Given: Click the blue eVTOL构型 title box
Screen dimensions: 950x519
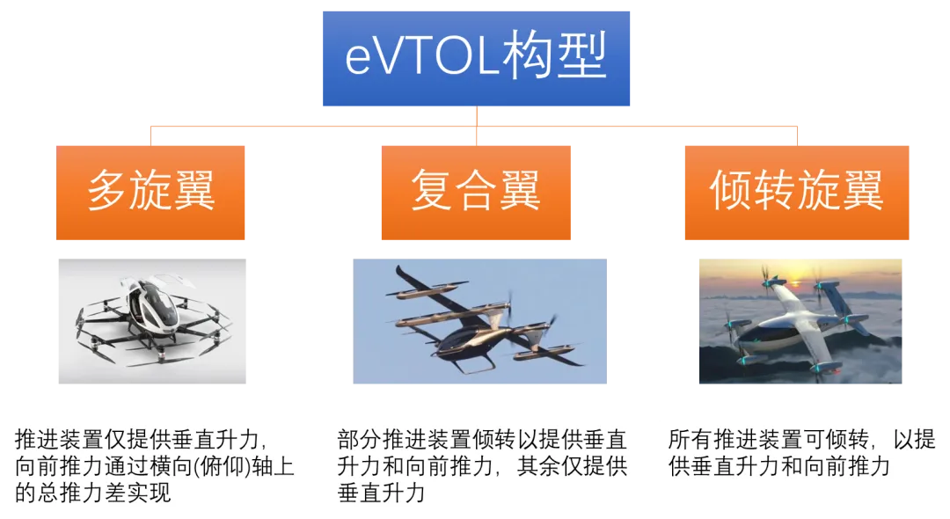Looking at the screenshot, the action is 476,58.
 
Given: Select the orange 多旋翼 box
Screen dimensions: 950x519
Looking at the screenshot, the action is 150,193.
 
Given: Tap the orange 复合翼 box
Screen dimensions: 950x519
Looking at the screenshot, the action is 476,193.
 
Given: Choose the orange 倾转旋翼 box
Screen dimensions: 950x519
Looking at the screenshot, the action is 797,193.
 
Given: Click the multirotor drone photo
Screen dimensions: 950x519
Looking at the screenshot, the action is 152,321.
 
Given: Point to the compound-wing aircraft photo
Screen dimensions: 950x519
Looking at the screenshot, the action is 480,321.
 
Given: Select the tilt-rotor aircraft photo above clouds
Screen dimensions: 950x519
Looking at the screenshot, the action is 800,321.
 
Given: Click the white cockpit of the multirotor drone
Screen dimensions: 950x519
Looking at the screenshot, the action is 150,303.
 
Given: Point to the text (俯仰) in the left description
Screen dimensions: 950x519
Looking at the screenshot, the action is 222,466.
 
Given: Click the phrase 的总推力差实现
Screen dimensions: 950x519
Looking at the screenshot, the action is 92,493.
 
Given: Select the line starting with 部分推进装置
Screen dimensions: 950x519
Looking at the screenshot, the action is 482,439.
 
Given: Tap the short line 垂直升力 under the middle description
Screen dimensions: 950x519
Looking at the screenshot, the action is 381,493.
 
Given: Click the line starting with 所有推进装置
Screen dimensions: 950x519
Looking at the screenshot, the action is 801,439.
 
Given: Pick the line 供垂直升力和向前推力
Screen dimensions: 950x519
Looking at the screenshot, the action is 779,466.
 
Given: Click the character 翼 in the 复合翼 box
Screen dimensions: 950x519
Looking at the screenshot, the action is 519,190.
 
